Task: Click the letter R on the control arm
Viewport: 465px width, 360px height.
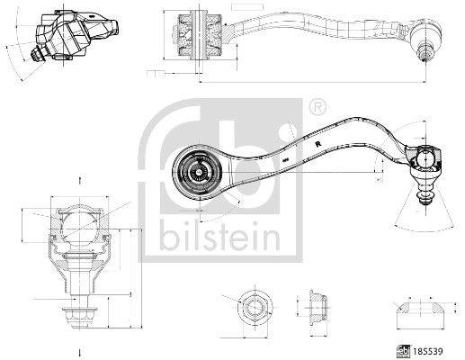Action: (x=318, y=142)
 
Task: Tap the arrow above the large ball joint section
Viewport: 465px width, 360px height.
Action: (x=80, y=180)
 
